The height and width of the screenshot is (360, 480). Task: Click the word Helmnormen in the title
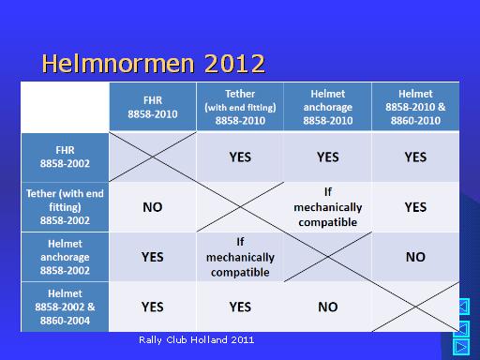118,63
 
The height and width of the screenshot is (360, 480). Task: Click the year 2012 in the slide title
234,64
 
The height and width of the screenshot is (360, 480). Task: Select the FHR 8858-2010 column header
153,107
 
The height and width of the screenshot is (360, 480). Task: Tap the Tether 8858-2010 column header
240,107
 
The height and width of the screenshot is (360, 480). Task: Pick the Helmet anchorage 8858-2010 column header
328,107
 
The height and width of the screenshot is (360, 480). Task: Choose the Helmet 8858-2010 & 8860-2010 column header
415,107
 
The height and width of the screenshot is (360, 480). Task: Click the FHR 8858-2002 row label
65,157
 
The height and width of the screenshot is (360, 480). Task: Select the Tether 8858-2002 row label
65,207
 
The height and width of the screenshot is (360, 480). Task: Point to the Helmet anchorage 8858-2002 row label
65,257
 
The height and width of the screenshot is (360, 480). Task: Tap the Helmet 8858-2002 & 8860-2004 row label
65,307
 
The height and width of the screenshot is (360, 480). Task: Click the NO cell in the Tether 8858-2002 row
153,207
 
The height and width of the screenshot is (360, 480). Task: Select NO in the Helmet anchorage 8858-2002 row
415,257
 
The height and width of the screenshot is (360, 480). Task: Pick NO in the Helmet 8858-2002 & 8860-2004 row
328,307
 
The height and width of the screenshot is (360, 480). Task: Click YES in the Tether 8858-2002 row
415,207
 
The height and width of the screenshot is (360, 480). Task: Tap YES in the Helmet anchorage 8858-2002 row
153,257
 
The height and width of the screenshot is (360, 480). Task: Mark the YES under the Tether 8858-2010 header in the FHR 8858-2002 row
240,157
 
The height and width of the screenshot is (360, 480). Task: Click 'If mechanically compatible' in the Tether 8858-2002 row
328,207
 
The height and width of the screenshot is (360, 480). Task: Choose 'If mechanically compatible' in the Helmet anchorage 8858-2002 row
240,257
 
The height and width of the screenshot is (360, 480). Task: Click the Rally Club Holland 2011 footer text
197,340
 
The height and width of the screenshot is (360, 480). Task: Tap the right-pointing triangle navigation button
461,347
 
